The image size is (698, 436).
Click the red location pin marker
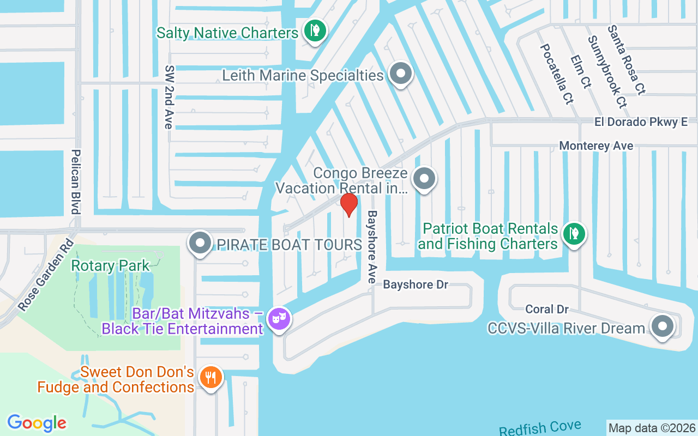click(349, 205)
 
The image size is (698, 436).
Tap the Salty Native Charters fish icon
click(315, 31)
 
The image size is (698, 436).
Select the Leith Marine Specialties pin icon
click(401, 74)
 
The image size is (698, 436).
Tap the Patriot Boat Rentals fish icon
click(574, 234)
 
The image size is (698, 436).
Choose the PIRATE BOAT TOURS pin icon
click(200, 243)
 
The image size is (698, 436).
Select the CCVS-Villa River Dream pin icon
click(663, 327)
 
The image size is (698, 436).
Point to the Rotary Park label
click(110, 266)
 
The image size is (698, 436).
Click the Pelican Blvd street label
click(76, 181)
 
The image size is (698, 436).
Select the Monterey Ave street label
click(596, 146)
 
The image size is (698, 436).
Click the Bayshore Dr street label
click(416, 285)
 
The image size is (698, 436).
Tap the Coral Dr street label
click(547, 310)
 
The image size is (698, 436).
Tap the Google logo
click(37, 423)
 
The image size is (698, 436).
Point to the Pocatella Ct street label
click(556, 74)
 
